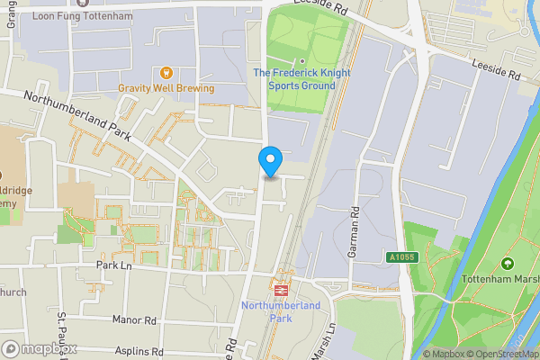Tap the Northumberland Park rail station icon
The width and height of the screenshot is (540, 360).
(x=281, y=291)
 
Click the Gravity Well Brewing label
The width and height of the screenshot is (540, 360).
(x=166, y=88)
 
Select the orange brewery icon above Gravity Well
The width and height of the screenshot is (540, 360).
(x=166, y=72)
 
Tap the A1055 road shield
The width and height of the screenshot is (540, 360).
(x=402, y=257)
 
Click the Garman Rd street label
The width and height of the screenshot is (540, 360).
(x=355, y=232)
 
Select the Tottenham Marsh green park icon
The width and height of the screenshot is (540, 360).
(x=508, y=265)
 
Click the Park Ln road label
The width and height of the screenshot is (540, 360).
(x=114, y=266)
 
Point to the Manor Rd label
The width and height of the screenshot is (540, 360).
(x=135, y=319)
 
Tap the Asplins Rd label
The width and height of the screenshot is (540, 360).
(x=139, y=351)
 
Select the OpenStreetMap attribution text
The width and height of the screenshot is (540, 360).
(x=502, y=354)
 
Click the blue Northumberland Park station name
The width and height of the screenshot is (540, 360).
(x=281, y=312)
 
